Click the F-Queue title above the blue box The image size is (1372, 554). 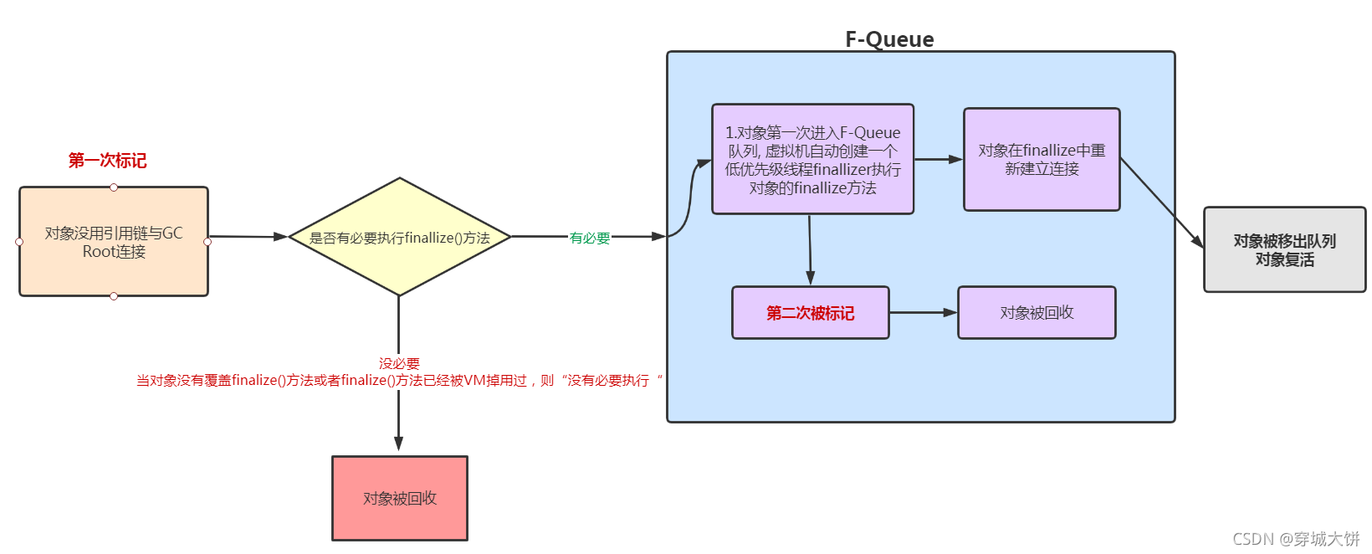[889, 39]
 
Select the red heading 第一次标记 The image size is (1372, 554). [107, 160]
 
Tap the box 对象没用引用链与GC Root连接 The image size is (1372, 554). [114, 242]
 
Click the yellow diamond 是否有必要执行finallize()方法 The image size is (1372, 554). [399, 238]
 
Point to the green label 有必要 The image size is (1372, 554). [590, 239]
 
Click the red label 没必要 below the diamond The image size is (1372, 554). [399, 363]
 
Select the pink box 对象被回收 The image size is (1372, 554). [400, 499]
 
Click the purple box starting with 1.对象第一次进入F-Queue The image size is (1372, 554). [812, 160]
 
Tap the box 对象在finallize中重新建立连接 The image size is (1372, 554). [1042, 160]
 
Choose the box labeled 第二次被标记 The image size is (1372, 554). [810, 313]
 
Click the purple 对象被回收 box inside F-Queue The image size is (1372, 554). [1037, 313]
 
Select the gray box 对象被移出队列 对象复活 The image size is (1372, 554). [1284, 250]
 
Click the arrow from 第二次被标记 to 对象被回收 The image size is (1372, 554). [924, 313]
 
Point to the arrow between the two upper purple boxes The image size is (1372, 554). [939, 159]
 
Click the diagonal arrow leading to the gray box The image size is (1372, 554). [1161, 202]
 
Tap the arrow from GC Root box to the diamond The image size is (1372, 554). [248, 237]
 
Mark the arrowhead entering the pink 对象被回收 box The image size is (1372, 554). [399, 444]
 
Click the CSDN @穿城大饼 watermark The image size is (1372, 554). [1296, 539]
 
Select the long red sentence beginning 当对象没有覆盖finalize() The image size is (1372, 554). [399, 381]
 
